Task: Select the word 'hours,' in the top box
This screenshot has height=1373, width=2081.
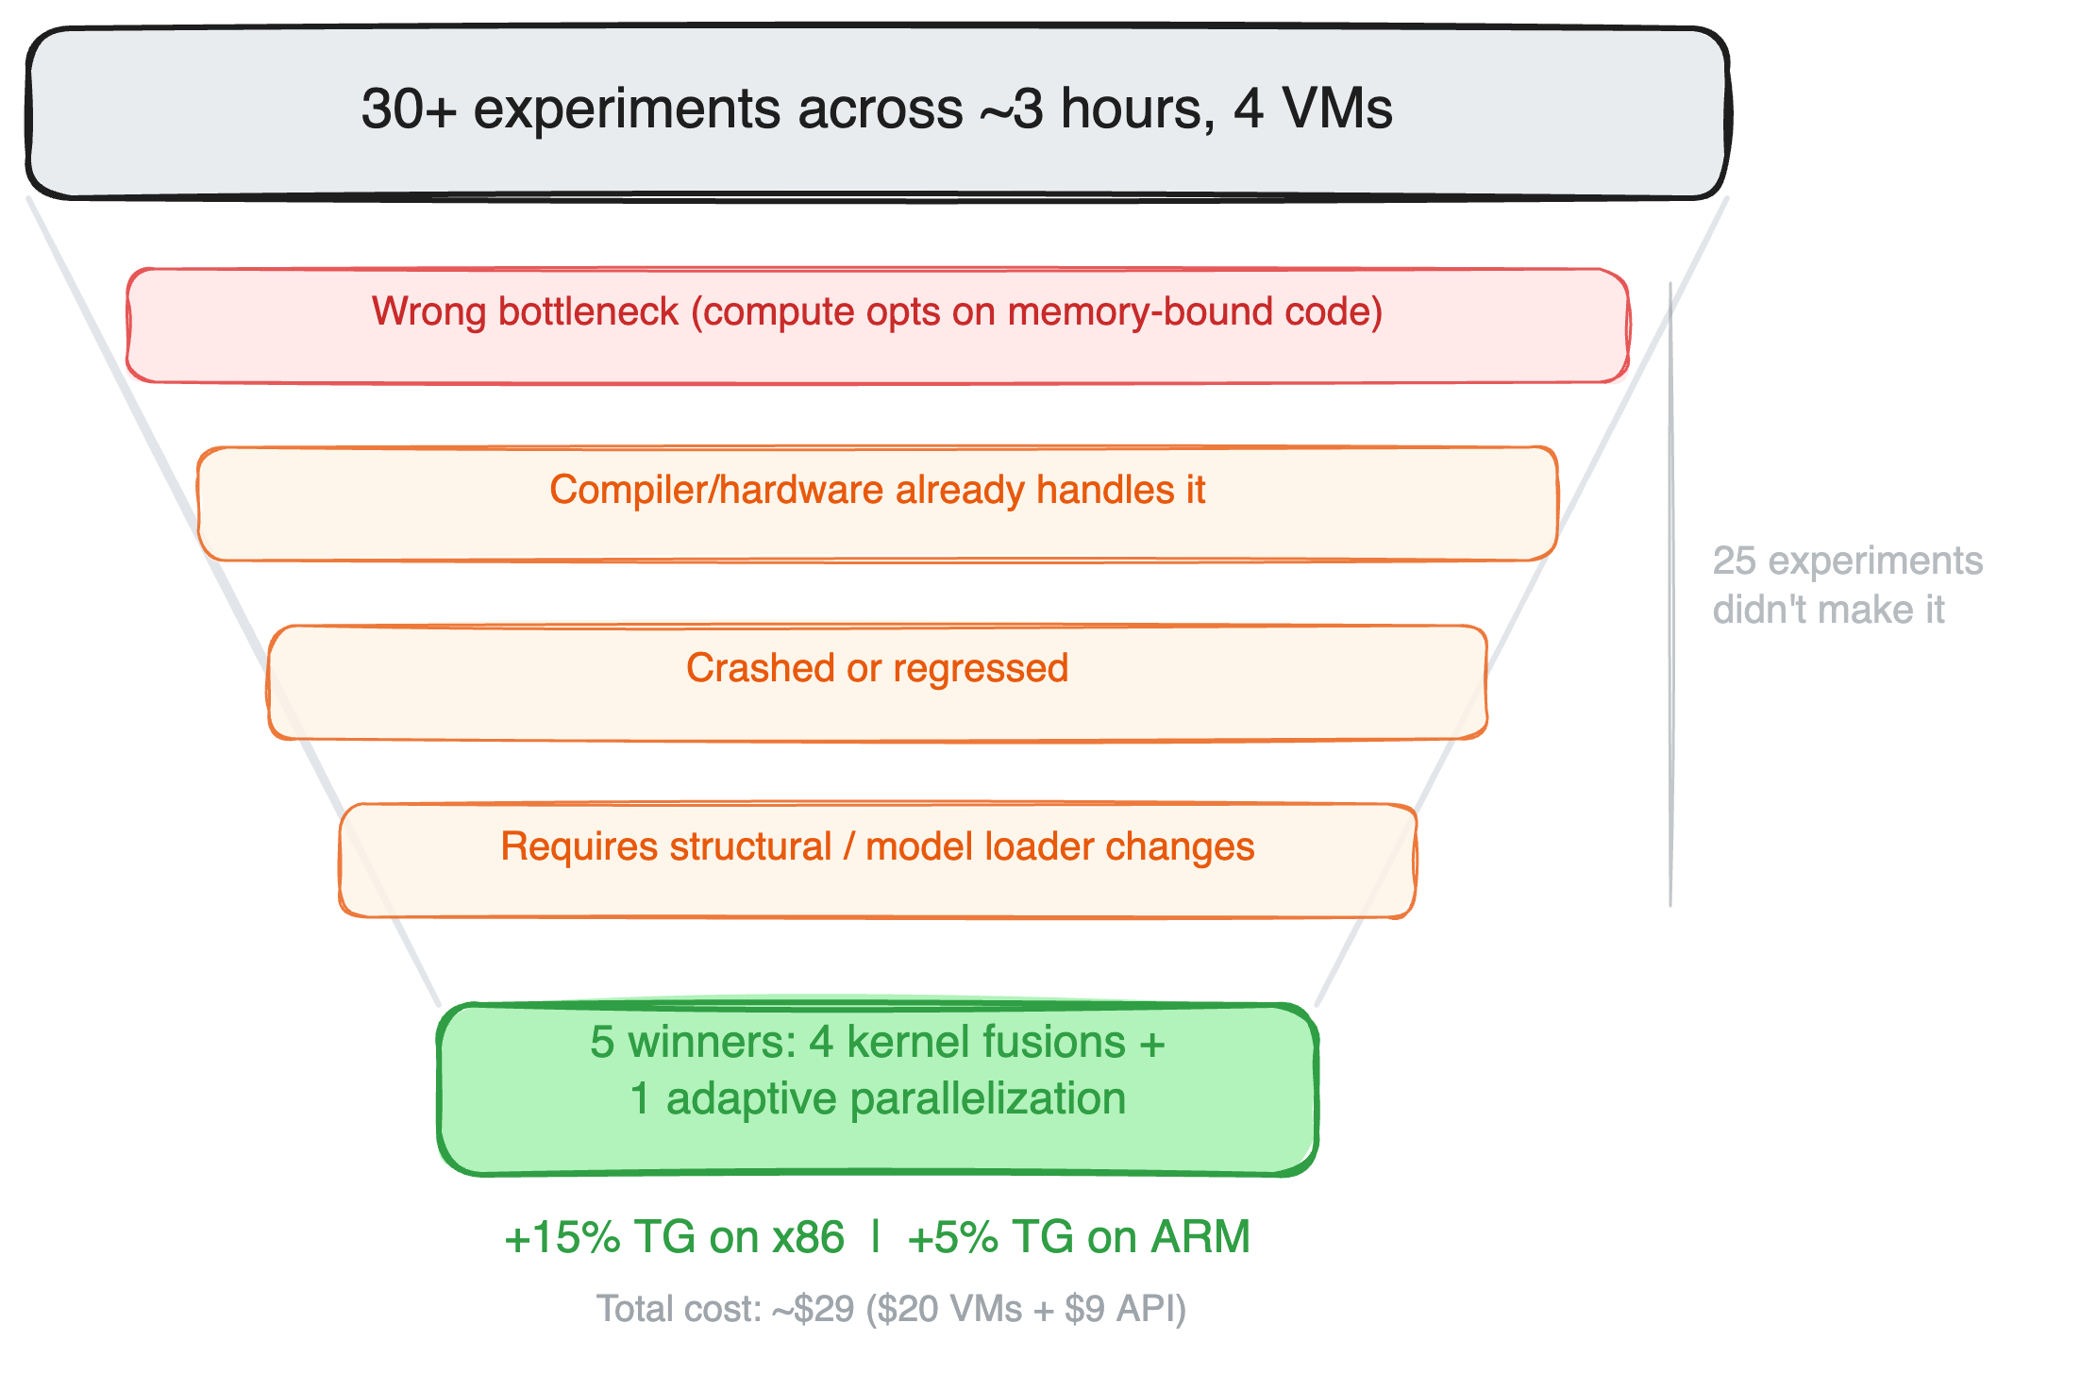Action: click(x=1137, y=109)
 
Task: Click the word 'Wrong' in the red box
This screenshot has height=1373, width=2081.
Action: click(x=430, y=311)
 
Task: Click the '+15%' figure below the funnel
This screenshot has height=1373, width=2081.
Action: click(x=562, y=1237)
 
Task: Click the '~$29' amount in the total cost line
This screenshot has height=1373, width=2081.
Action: click(x=813, y=1309)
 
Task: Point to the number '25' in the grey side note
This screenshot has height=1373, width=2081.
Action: click(x=1734, y=561)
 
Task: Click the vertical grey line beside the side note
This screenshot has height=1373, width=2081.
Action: click(x=1670, y=594)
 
